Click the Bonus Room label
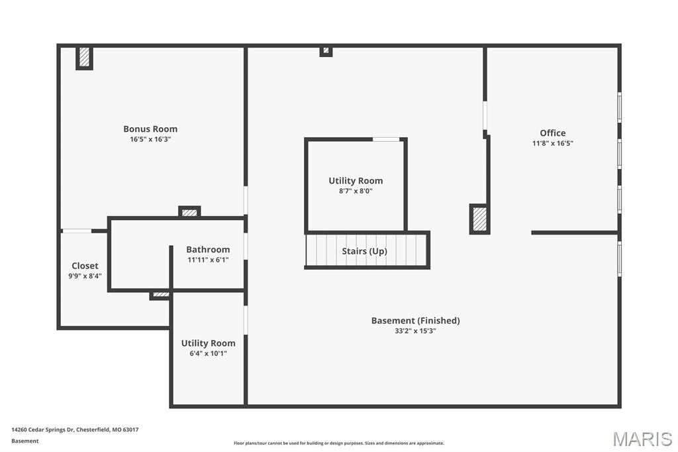click(150, 129)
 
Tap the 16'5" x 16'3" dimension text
click(150, 139)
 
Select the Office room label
click(553, 133)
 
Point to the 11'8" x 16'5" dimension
click(553, 143)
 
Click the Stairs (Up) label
click(365, 251)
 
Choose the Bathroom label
click(208, 249)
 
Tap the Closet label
click(85, 266)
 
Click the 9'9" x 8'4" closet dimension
click(85, 276)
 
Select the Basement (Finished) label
click(416, 321)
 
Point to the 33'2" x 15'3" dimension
click(415, 331)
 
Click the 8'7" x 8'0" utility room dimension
click(356, 192)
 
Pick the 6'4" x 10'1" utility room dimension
click(208, 354)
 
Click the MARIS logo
click(642, 439)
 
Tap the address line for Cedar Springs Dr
click(75, 430)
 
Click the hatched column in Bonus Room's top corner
click(84, 57)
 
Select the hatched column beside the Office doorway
click(479, 219)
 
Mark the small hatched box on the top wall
click(326, 51)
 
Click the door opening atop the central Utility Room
click(386, 139)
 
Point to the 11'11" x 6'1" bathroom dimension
click(208, 260)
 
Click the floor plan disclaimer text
click(339, 443)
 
